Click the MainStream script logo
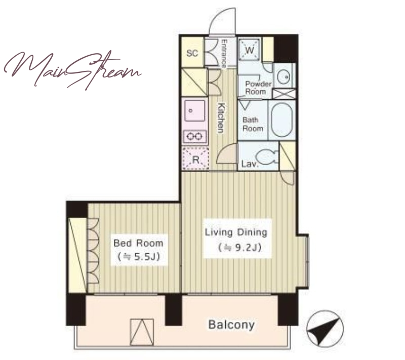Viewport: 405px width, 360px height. coord(72,70)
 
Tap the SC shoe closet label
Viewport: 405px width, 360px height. coord(192,53)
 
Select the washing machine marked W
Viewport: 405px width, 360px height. coord(249,50)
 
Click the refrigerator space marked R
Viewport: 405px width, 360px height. coord(195,158)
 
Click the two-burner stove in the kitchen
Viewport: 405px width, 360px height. coord(194,136)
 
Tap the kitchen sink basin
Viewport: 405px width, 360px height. coord(195,110)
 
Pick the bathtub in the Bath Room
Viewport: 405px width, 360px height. coord(282,120)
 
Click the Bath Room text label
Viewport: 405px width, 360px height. coord(253,124)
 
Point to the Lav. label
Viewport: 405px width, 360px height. coord(250,164)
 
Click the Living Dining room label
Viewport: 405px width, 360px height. coord(236,232)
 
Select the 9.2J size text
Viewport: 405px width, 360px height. coord(239,248)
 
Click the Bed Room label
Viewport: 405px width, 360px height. coord(138,243)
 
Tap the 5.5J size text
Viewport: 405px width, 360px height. coord(138,257)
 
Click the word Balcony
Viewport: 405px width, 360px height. coord(231,325)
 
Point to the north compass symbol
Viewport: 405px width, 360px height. coord(325,329)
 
